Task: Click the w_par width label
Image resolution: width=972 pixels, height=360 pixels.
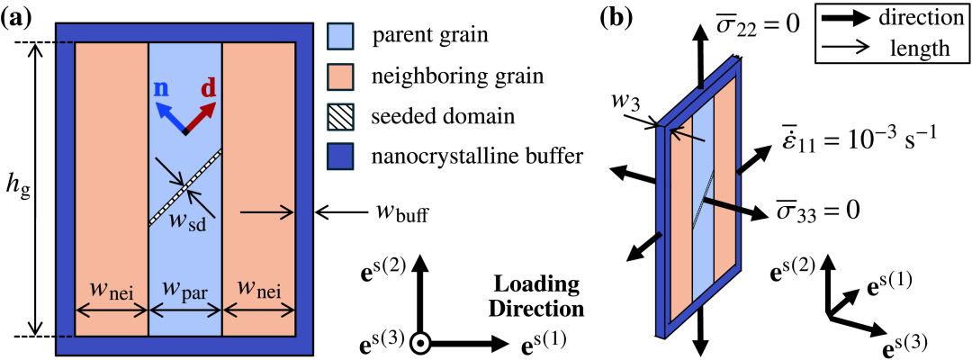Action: click(184, 292)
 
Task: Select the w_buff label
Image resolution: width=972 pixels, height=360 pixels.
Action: click(401, 216)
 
